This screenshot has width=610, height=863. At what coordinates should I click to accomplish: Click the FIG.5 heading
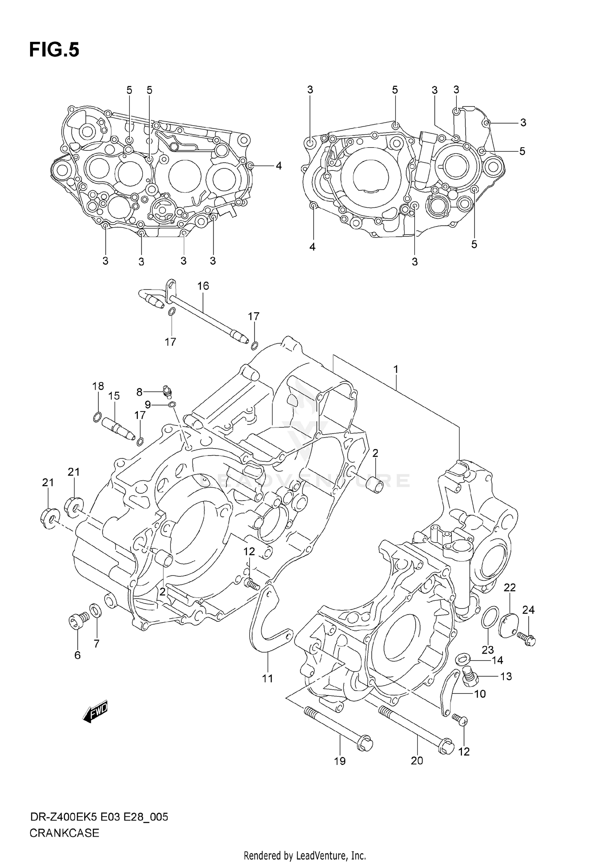[x=54, y=50]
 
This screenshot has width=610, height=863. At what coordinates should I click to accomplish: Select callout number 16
[x=203, y=286]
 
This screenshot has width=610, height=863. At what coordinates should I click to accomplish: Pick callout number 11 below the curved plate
[x=268, y=678]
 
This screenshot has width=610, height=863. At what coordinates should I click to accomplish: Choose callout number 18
[x=98, y=386]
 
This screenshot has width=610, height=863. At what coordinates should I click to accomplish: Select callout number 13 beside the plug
[x=506, y=676]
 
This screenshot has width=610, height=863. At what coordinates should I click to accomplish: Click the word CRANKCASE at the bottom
[x=64, y=833]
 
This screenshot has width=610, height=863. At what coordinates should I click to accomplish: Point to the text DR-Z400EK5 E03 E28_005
[x=99, y=817]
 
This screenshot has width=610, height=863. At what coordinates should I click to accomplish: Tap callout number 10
[x=480, y=694]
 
